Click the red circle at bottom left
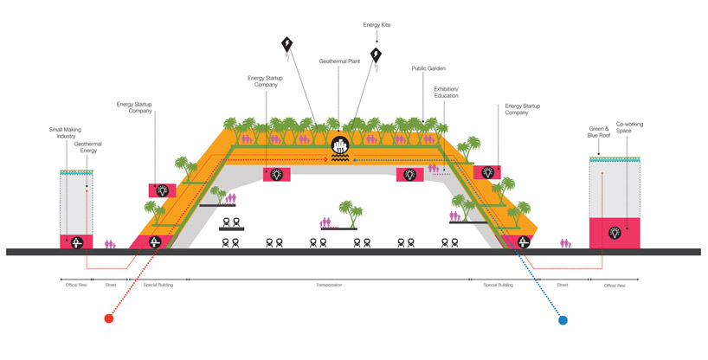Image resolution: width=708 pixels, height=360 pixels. click(x=108, y=319)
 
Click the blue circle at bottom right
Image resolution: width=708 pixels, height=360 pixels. click(x=563, y=320)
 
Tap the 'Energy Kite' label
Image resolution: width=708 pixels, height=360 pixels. click(x=377, y=25)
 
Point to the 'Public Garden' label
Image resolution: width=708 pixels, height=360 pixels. click(x=428, y=68)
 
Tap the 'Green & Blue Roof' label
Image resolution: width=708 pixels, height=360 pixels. click(x=597, y=134)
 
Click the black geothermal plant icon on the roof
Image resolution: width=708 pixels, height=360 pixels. click(x=340, y=145)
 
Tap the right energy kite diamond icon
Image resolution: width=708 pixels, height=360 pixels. click(x=377, y=56)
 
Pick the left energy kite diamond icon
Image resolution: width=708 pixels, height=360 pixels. click(x=287, y=45)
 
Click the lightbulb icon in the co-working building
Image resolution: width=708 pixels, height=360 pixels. click(x=615, y=232)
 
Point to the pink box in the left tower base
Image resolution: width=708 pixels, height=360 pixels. click(x=76, y=242)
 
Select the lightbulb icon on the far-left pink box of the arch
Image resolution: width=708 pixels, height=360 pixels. click(x=162, y=190)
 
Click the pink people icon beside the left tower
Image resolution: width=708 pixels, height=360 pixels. click(x=110, y=245)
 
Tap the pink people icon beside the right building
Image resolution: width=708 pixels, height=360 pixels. click(x=565, y=245)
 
